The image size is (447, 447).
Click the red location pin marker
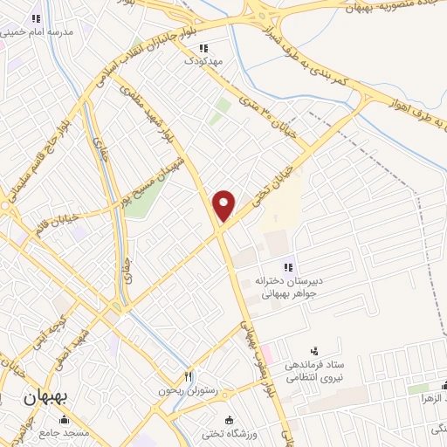(x=224, y=204)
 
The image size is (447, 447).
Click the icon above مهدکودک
(x=203, y=48)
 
